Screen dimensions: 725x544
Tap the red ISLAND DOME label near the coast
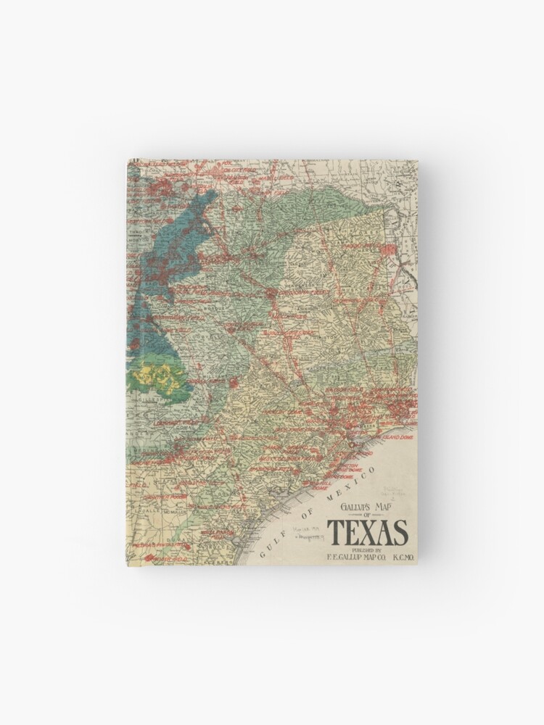(x=397, y=437)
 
